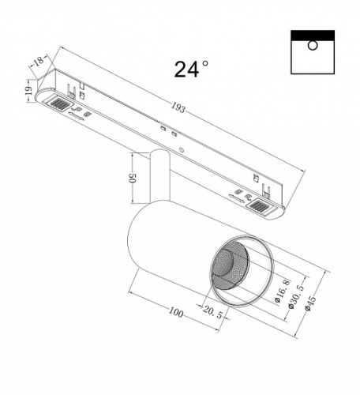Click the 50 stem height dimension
pos(134,178)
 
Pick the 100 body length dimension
pos(175,314)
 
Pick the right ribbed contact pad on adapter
pos(260,206)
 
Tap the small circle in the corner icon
pos(312,46)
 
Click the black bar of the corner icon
pos(312,35)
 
